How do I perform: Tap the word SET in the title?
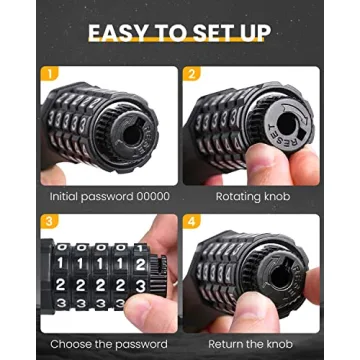click(211, 33)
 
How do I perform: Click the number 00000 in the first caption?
click(146, 197)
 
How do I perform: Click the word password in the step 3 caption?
click(135, 344)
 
